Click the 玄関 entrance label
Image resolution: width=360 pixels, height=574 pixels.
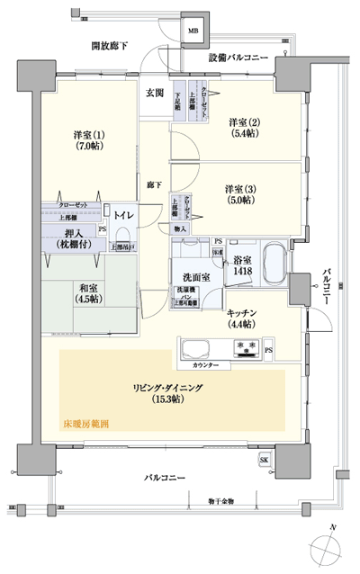[x=154, y=93]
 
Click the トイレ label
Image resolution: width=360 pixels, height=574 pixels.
[x=123, y=216]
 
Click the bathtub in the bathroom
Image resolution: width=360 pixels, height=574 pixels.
[x=274, y=265]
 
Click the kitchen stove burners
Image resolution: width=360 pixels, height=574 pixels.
[x=247, y=346]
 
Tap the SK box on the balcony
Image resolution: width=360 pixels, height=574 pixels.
[x=264, y=462]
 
